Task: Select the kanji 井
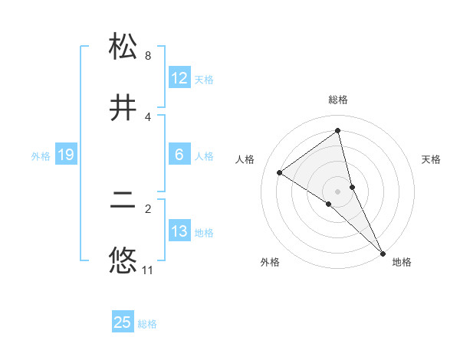123,107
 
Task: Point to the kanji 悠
123,261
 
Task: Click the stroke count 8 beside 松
148,56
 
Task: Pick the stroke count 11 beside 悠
148,270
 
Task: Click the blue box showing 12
179,78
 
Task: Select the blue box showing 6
179,155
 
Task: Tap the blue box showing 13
179,231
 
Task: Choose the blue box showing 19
66,155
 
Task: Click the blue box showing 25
123,322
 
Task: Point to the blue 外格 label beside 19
41,155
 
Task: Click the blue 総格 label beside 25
147,324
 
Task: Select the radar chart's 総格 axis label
338,100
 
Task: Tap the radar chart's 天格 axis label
432,159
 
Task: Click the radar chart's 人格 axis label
245,159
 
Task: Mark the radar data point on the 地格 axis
383,253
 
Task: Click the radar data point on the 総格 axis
338,131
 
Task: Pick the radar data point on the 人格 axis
280,172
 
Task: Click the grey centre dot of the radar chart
338,191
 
